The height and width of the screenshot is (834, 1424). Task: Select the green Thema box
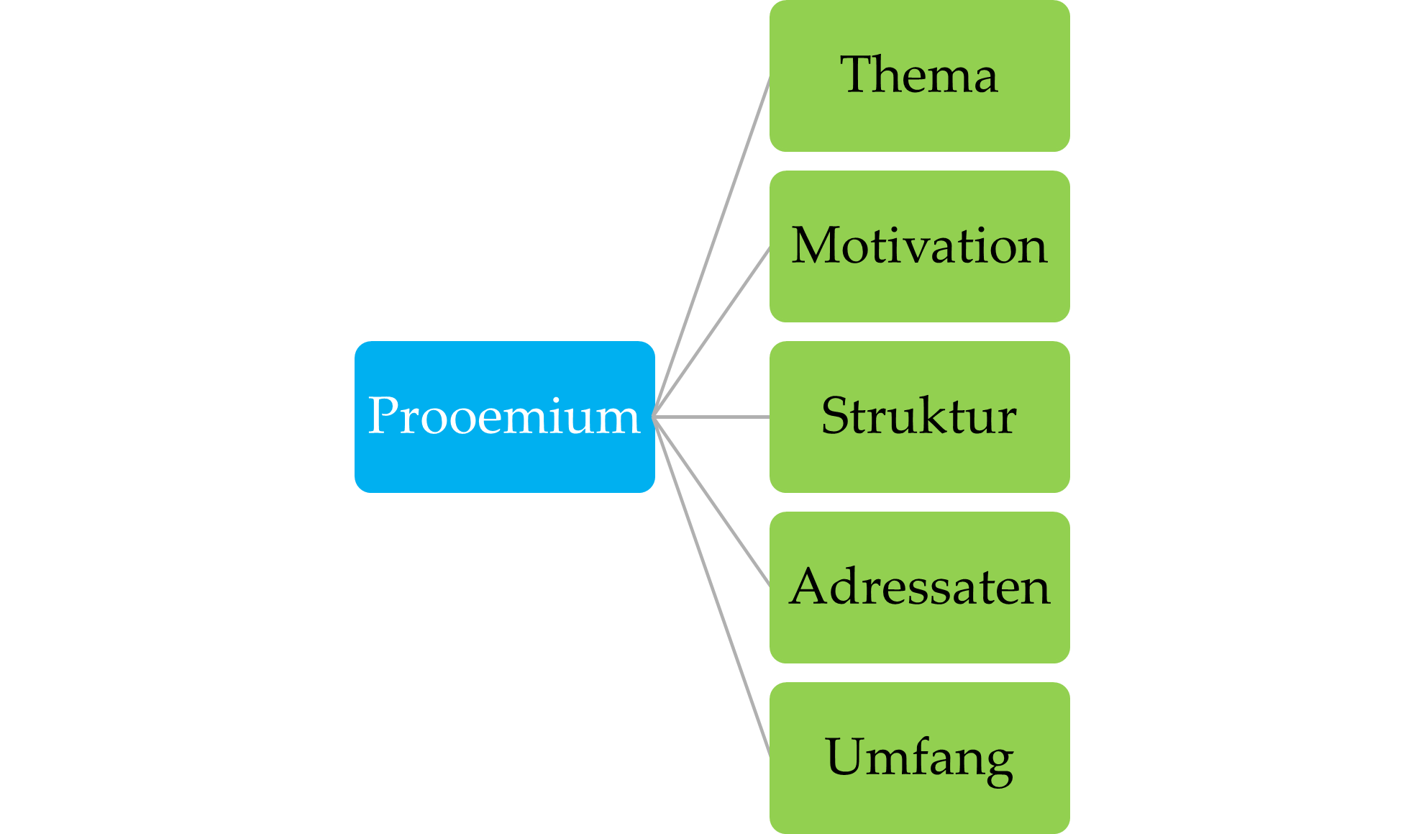point(919,122)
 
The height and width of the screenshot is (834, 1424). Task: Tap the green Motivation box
point(919,295)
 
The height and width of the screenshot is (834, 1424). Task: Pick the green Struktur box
point(919,464)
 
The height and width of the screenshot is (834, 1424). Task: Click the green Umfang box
point(919,806)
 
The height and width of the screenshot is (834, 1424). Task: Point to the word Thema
point(919,75)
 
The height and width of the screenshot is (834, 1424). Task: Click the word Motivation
point(919,246)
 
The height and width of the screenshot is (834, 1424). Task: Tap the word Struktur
point(919,416)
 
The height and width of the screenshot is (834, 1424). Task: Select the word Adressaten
point(919,587)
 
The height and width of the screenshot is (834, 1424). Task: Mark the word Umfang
point(919,758)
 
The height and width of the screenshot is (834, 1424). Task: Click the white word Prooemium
point(503,416)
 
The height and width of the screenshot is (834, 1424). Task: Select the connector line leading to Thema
point(712,246)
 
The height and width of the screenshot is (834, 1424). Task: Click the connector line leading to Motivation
point(712,331)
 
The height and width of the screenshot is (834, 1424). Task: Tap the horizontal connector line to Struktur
point(712,417)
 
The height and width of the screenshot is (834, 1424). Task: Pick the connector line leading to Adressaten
point(712,501)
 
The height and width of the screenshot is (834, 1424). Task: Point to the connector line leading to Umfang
point(712,586)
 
